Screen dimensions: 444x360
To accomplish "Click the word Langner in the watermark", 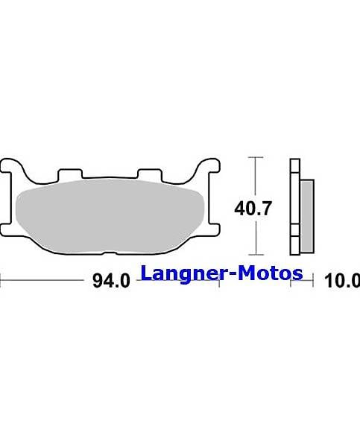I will point(183,273).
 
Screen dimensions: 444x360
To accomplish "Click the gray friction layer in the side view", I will point(307,208).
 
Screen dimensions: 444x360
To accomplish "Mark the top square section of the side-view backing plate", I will point(294,167).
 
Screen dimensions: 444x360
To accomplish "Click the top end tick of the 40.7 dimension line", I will point(256,159).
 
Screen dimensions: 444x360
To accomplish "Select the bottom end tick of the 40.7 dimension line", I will point(256,254).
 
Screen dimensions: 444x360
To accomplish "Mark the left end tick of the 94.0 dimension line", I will point(2,282).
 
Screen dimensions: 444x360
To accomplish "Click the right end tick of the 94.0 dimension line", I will point(219,282).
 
